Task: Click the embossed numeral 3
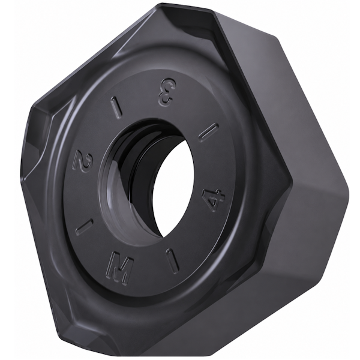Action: click(166, 92)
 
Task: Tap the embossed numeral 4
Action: click(213, 200)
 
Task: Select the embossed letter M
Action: click(119, 266)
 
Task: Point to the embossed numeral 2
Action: click(83, 161)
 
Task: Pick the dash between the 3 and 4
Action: click(208, 133)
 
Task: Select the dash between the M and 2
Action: click(85, 227)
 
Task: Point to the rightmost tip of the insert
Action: click(350, 188)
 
